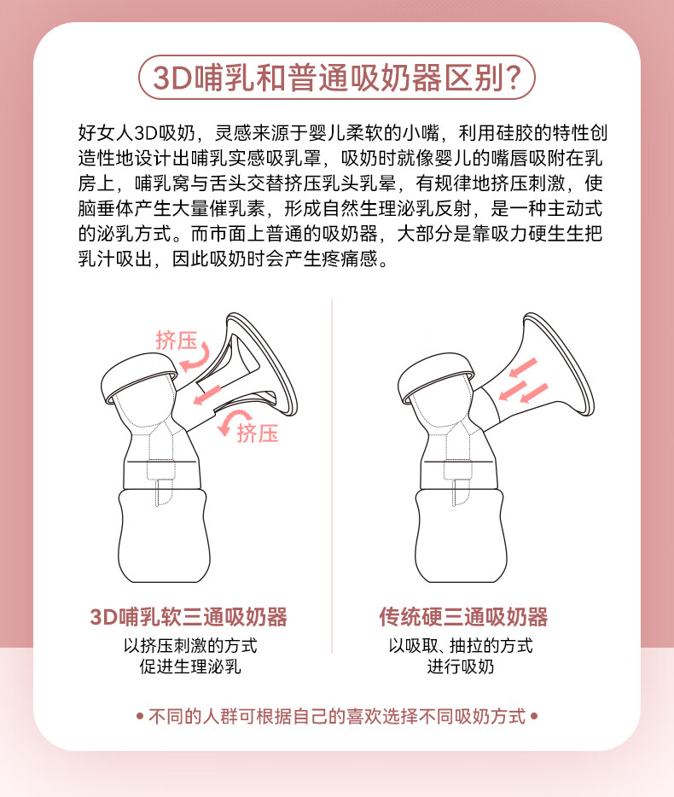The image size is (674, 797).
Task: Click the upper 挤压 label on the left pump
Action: (176, 340)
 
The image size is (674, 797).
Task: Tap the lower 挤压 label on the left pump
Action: (257, 433)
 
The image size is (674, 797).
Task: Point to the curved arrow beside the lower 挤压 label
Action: (231, 421)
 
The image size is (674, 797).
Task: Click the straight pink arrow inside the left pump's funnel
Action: (206, 395)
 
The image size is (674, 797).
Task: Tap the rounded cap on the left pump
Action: (139, 377)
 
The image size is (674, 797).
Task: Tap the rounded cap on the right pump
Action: (436, 377)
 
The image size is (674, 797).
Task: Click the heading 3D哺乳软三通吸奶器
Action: (189, 617)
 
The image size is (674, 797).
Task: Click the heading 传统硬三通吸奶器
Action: (463, 617)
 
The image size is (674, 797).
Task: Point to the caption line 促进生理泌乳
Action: (190, 666)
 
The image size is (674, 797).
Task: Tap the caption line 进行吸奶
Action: (461, 666)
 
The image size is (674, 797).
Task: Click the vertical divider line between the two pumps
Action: (332, 476)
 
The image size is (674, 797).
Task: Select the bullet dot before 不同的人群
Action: (140, 717)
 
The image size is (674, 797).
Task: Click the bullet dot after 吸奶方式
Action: (534, 716)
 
